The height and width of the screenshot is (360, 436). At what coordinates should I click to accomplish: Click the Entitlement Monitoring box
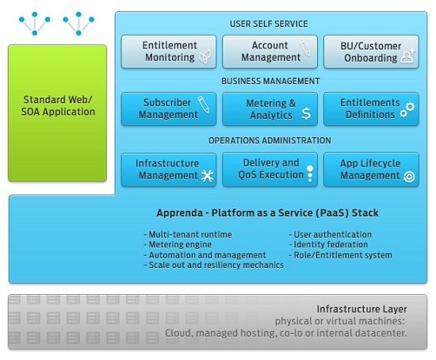[x=169, y=52]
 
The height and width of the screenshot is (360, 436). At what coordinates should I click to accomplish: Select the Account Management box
[x=270, y=52]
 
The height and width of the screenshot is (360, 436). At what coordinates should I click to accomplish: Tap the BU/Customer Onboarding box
[x=371, y=52]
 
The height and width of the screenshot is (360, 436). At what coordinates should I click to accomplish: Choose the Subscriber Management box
[x=169, y=109]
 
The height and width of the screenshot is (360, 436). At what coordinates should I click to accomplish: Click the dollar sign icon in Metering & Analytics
[x=306, y=113]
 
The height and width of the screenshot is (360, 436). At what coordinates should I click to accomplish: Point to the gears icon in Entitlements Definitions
[x=407, y=110]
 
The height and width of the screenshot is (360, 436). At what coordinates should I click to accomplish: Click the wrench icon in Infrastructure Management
[x=208, y=175]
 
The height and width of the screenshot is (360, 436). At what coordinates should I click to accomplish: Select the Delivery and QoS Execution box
[x=270, y=170]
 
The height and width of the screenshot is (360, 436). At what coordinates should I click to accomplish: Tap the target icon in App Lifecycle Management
[x=409, y=177]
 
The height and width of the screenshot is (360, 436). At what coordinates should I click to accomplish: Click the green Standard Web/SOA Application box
[x=58, y=113]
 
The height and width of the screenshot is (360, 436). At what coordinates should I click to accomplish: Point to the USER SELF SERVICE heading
[x=269, y=24]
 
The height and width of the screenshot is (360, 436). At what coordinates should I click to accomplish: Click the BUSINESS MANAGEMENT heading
[x=270, y=81]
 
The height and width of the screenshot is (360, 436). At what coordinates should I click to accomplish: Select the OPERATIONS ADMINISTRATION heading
[x=270, y=140]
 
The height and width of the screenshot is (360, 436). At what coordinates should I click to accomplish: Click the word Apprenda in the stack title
[x=180, y=213]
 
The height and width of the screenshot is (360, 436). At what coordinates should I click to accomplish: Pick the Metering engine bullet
[x=178, y=244]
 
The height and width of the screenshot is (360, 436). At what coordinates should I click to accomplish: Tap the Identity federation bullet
[x=328, y=244]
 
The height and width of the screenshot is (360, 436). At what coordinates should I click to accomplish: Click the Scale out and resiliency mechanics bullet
[x=214, y=265]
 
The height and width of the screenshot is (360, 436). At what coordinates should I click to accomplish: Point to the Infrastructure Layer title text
[x=361, y=309]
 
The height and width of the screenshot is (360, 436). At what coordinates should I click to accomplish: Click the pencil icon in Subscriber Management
[x=204, y=105]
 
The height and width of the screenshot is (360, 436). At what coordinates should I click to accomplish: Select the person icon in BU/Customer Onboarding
[x=407, y=56]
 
